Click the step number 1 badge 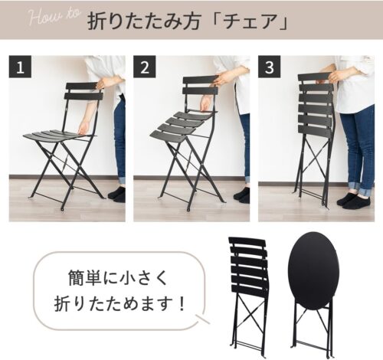[20, 67]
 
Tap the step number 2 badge [145, 67]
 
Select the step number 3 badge [269, 67]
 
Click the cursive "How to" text [54, 18]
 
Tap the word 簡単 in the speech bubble [85, 278]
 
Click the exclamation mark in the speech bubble [182, 303]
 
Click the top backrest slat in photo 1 [82, 86]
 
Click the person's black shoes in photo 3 [352, 199]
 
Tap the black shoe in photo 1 [117, 194]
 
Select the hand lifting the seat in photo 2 [206, 104]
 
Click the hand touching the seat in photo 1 [84, 129]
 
